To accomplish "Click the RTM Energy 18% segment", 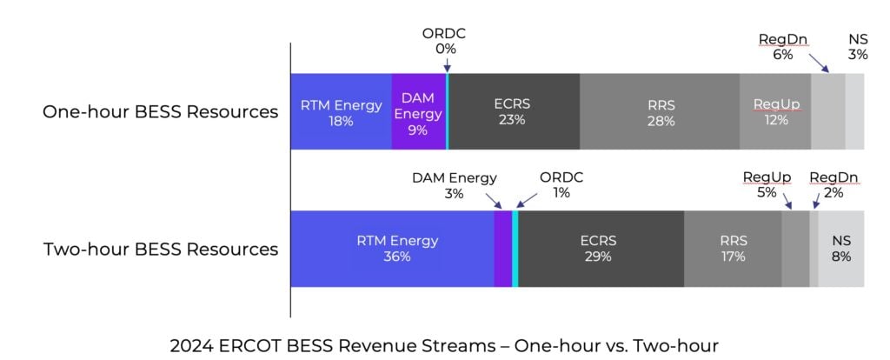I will click(x=341, y=112).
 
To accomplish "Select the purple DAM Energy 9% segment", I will click(x=418, y=112).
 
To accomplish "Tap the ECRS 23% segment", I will click(x=514, y=112).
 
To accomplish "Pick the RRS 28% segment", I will click(x=660, y=112).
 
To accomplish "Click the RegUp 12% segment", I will click(x=775, y=112).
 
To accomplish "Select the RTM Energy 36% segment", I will click(x=392, y=249).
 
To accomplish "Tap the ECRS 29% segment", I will click(x=601, y=249).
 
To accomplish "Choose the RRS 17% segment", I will click(x=733, y=249).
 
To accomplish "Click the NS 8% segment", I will click(x=841, y=249).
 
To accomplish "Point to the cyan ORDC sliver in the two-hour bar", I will click(x=515, y=249).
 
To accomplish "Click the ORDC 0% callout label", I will click(x=444, y=41).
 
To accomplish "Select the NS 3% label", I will click(x=857, y=47).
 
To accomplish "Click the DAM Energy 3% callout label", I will click(x=454, y=185).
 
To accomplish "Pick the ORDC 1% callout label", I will click(x=561, y=185).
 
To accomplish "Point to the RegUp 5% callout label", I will click(x=767, y=185).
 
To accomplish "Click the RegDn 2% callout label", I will click(x=834, y=185).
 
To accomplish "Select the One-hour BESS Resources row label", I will click(x=160, y=112).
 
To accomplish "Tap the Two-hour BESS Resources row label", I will click(x=161, y=250).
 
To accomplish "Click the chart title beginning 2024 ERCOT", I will click(x=444, y=345).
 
